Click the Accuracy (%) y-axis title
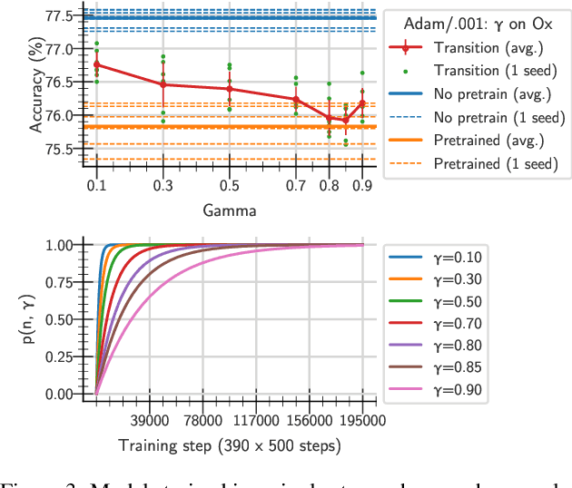point(36,85)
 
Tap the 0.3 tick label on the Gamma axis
point(163,186)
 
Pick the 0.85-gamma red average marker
point(346,120)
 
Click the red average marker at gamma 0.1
point(96,64)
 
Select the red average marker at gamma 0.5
point(230,89)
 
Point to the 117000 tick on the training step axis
point(256,422)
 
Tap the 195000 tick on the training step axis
point(362,422)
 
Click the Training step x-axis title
point(230,445)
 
